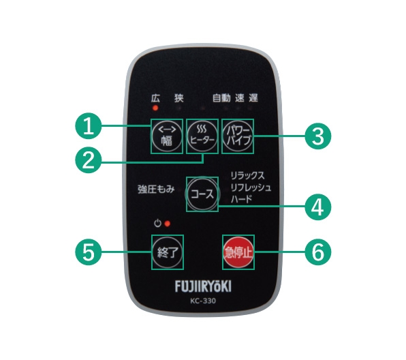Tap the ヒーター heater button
pos(202,136)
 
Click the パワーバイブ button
pos(238,136)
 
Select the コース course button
pos(202,194)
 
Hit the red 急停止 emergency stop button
pos(238,252)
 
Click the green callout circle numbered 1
pos(89,126)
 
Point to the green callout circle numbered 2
pos(89,160)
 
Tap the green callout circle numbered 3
pos(318,136)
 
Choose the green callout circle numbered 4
pos(318,207)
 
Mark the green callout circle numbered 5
pos(89,252)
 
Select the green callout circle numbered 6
pos(318,252)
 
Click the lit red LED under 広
pos(155,108)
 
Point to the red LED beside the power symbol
pos(168,224)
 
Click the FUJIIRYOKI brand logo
pos(203,286)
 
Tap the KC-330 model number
pos(203,301)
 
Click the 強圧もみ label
pos(156,190)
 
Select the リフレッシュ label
pos(251,187)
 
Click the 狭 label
pos(179,98)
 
